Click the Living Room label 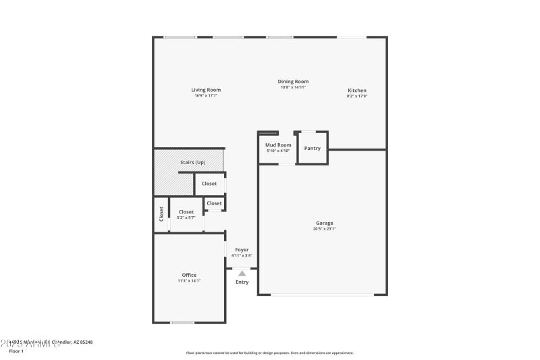point(206,90)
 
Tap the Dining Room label point(293,82)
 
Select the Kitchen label point(357,91)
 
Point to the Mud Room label point(278,145)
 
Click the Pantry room point(313,148)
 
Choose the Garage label point(325,223)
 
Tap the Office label point(189,275)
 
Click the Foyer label point(242,250)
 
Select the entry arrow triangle point(242,273)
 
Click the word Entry point(242,282)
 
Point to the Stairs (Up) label point(192,162)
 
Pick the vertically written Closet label point(161,214)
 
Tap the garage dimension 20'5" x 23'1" point(325,229)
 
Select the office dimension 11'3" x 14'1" point(189,281)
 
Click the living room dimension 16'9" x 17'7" point(206,96)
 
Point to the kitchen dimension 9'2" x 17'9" point(357,97)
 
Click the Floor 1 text point(16,351)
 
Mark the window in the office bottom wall point(182,322)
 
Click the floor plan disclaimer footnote point(269,353)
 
